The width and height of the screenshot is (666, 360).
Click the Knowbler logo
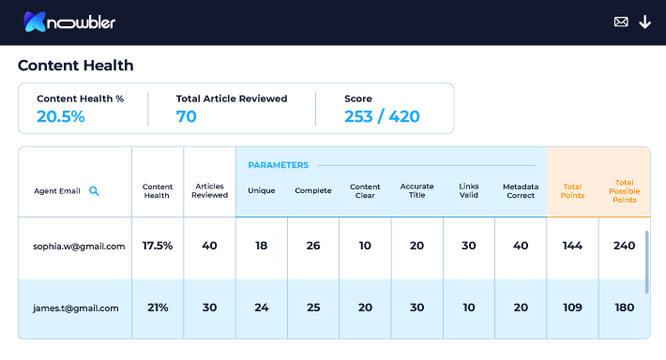[x=69, y=22]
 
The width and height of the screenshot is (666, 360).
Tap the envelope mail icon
[x=621, y=22]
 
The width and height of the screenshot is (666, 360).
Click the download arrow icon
[x=644, y=22]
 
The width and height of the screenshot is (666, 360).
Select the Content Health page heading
[x=76, y=66]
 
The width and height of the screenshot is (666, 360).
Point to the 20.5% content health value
[x=61, y=117]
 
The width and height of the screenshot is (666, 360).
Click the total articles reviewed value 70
[x=187, y=117]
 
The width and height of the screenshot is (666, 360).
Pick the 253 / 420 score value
[x=382, y=117]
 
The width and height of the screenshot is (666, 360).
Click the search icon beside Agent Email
[x=94, y=191]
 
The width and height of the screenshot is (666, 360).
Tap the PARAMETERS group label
[x=279, y=165]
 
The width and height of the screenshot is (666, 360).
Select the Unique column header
[x=261, y=190]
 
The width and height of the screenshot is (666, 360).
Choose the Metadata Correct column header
[x=521, y=191]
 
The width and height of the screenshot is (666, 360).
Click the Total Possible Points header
[x=625, y=191]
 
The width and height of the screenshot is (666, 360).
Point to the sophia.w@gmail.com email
[x=79, y=247]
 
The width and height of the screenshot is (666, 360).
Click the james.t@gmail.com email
[x=76, y=308]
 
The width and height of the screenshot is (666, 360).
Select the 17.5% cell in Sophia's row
[x=158, y=246]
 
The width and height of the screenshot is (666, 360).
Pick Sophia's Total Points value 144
[x=572, y=246]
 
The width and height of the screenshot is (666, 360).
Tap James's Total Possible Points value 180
[x=625, y=307]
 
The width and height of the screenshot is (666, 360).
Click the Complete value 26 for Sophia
[x=313, y=246]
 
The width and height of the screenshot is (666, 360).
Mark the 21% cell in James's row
[x=158, y=307]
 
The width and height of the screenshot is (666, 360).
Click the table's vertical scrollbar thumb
[x=647, y=262]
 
